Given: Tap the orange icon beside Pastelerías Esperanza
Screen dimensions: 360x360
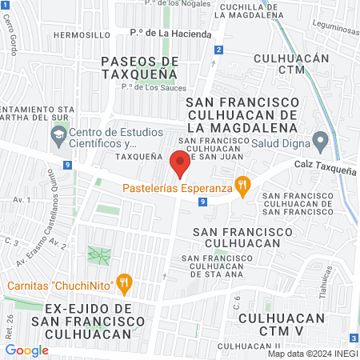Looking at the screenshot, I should click(243, 189).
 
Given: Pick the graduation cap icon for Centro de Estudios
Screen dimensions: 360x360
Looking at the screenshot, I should click(58, 138).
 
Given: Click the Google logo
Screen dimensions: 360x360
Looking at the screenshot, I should click(26, 350).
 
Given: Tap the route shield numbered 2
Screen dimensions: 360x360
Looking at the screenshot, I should click(218, 50).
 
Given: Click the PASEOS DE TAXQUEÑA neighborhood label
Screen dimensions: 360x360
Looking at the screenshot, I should click(139, 67).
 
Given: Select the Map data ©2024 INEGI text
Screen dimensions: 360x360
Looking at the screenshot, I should click(312, 353).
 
